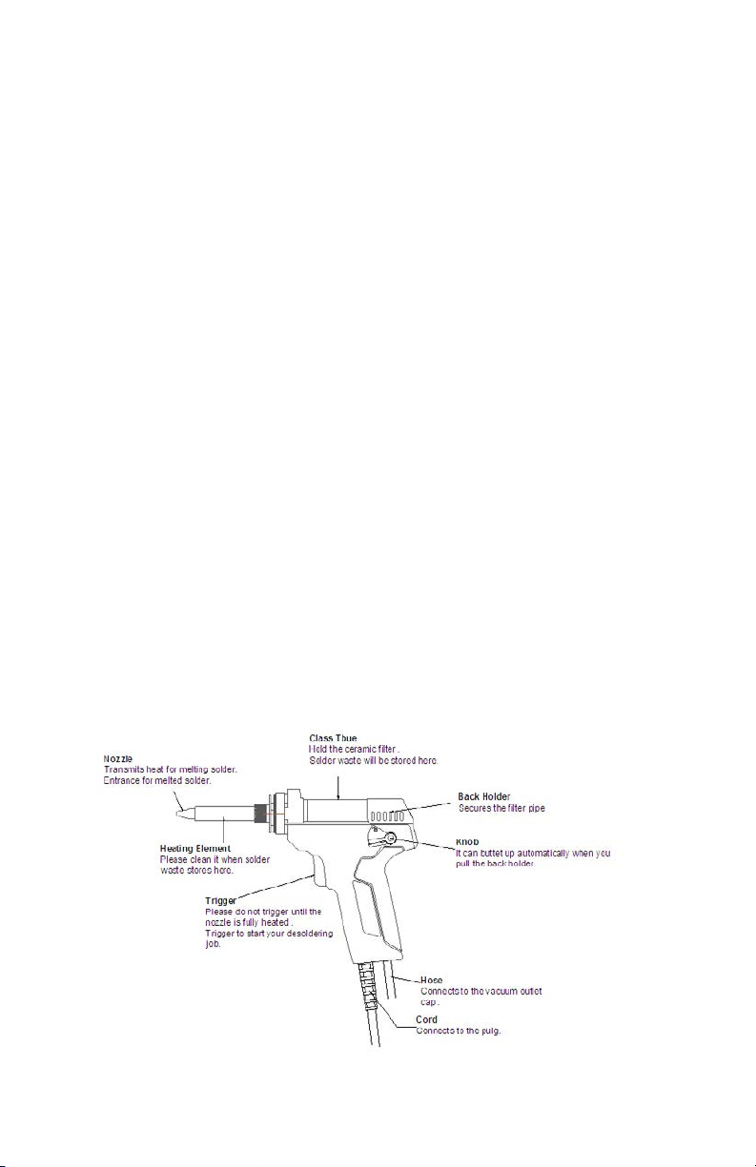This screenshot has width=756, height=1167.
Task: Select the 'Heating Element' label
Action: pyautogui.click(x=195, y=848)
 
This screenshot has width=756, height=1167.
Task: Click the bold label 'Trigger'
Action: pyautogui.click(x=221, y=899)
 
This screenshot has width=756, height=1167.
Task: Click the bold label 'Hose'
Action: pyautogui.click(x=431, y=979)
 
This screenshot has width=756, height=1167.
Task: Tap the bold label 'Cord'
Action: pyautogui.click(x=426, y=1018)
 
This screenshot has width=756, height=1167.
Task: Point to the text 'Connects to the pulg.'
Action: pyautogui.click(x=460, y=1031)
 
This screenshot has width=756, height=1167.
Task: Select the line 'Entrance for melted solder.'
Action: pyautogui.click(x=158, y=781)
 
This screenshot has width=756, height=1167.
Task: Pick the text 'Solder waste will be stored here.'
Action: pyautogui.click(x=373, y=760)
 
